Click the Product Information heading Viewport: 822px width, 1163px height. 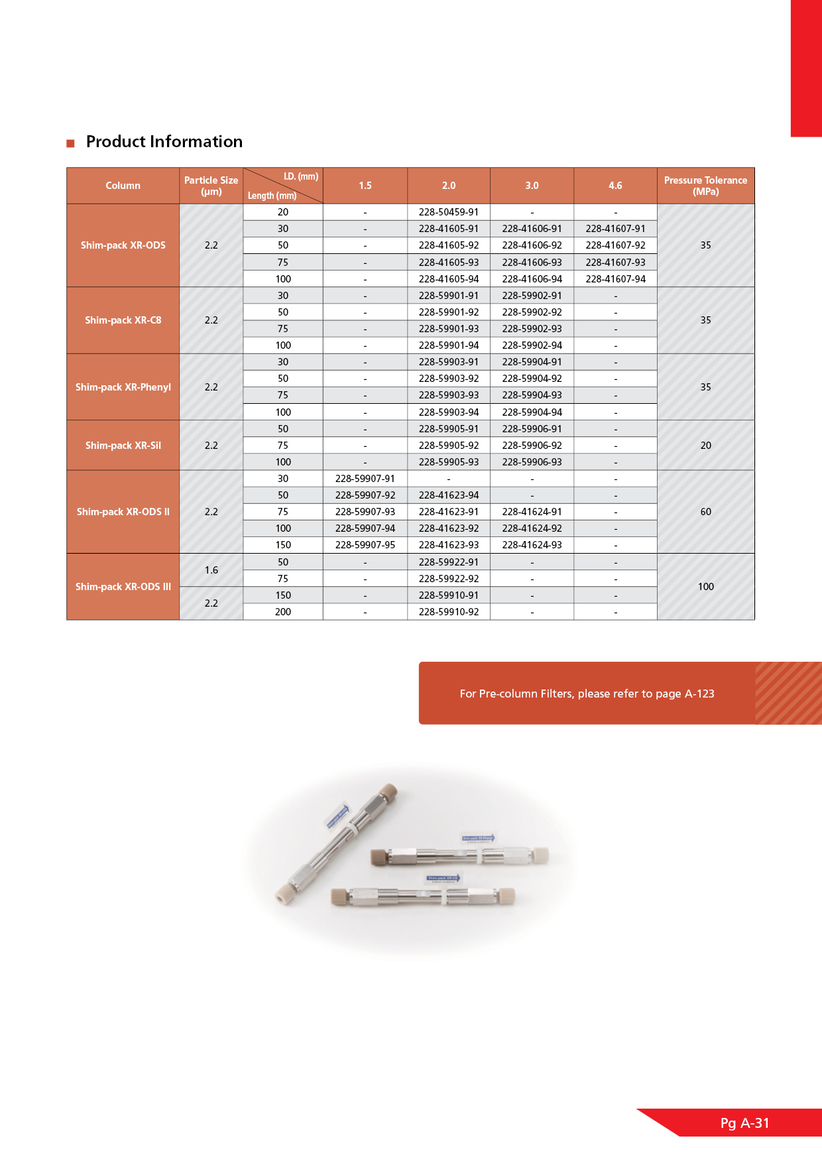(164, 142)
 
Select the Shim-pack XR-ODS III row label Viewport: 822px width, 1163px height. (123, 587)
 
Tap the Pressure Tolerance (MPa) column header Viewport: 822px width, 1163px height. (705, 186)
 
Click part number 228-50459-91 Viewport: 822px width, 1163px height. (449, 212)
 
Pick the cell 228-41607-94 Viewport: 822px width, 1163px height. (615, 279)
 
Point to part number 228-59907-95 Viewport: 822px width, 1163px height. (365, 545)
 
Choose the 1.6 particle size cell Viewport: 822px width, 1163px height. (211, 570)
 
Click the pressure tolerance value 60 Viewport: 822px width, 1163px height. (705, 512)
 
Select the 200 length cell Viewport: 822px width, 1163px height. (283, 612)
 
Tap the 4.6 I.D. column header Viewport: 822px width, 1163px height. (615, 186)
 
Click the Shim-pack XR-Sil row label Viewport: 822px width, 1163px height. (123, 446)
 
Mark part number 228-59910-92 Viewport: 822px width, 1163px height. (449, 612)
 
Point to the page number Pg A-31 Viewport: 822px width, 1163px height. (744, 1123)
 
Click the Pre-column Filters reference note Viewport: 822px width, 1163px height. (587, 694)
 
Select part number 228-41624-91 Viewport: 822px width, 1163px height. (532, 512)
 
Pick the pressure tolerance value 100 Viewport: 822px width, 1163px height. (705, 587)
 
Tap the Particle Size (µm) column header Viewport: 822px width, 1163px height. (211, 186)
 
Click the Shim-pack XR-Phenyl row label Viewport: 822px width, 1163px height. (123, 387)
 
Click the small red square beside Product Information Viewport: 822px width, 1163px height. (70, 143)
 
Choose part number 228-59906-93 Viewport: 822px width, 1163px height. (532, 462)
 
